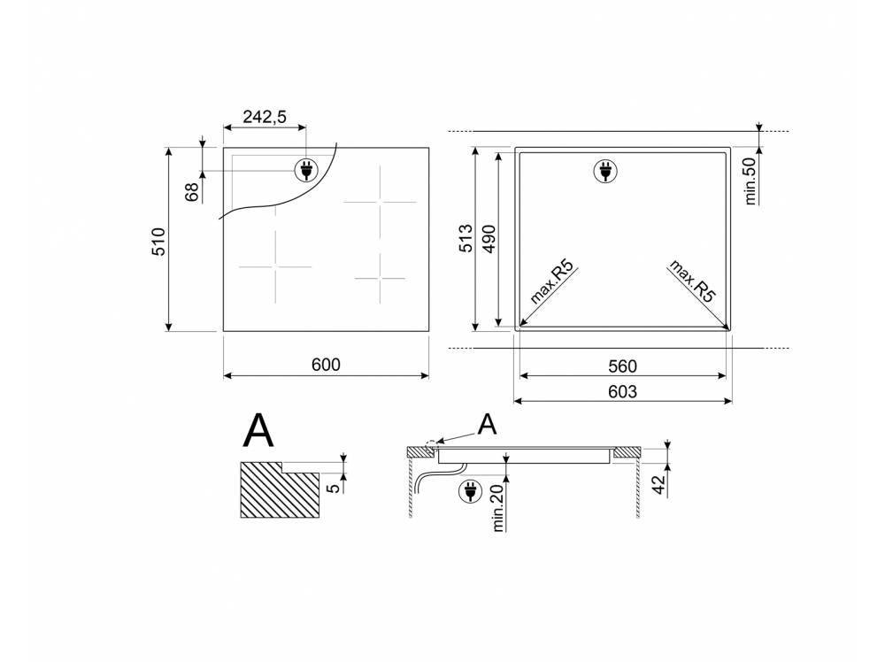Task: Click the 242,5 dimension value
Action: point(265,117)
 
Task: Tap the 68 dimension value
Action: point(192,192)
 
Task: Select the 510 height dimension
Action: point(158,241)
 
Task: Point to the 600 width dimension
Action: point(327,365)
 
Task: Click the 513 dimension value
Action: point(466,238)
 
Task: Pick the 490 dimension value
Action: point(489,239)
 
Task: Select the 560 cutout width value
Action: point(622,366)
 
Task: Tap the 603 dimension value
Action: point(622,391)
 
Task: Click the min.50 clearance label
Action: point(750,181)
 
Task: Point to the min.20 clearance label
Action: point(497,508)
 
